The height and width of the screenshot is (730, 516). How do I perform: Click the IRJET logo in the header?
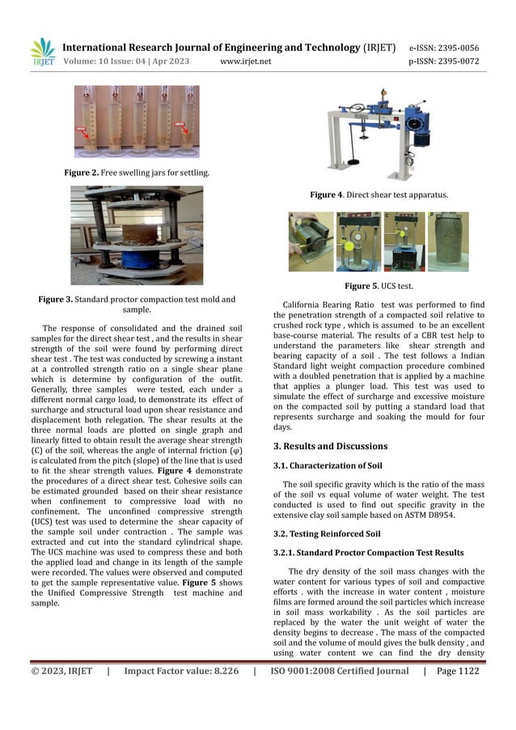coord(43,50)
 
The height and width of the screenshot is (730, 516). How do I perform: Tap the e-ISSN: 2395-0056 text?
coord(455,47)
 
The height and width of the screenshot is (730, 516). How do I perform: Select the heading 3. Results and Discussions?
coord(330,446)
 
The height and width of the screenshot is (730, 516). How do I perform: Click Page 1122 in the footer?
coord(457,671)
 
